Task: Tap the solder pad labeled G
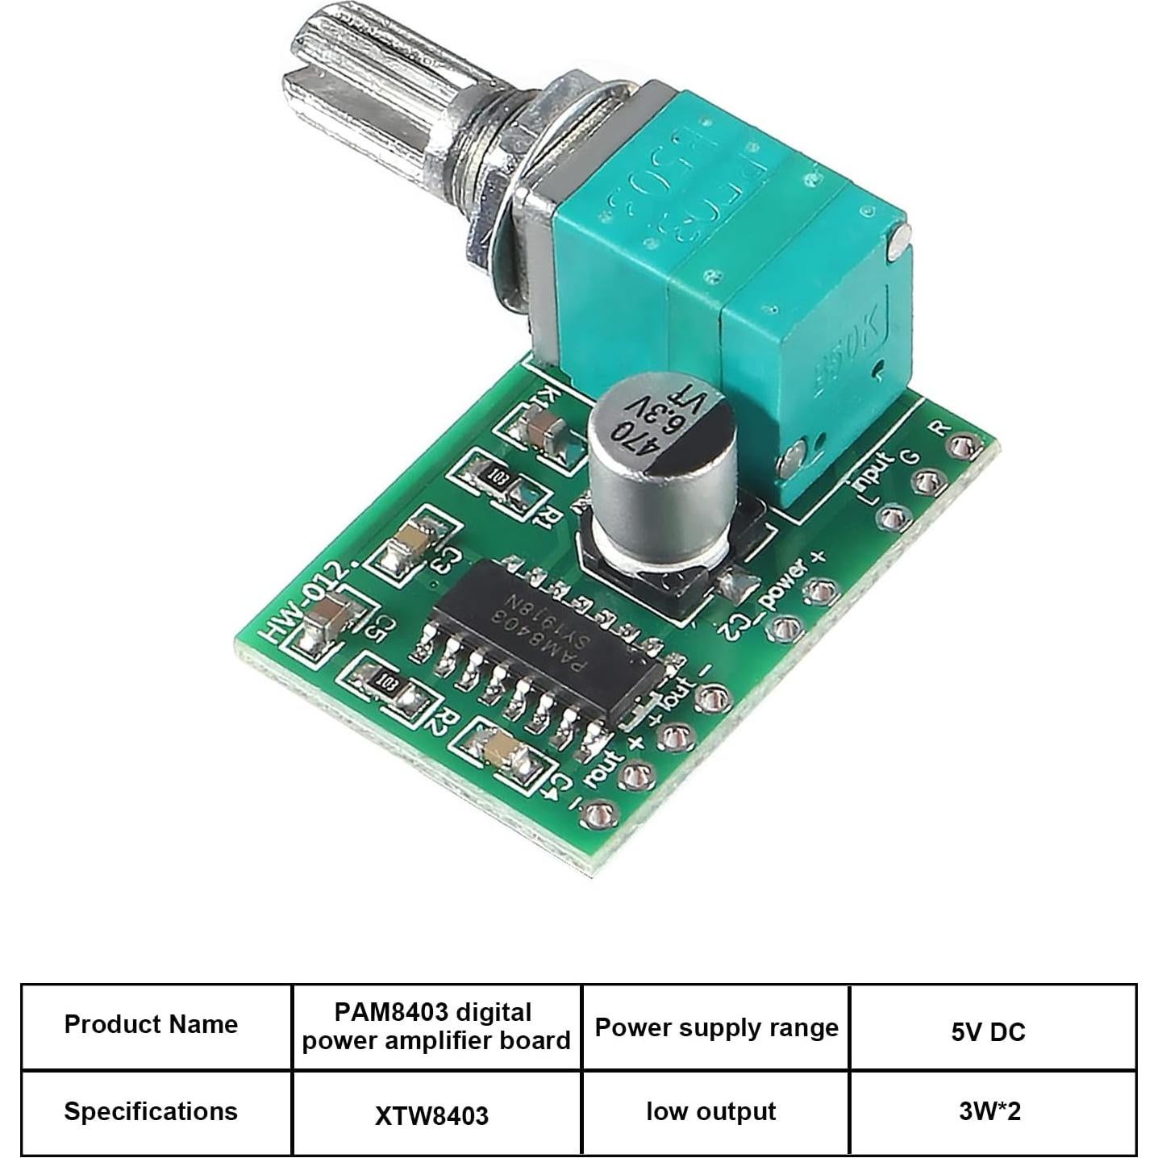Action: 928,482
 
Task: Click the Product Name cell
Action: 152,1025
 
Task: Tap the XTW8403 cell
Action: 432,1115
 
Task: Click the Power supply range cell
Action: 716,1028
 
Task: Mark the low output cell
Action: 711,1111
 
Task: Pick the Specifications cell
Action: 152,1111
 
